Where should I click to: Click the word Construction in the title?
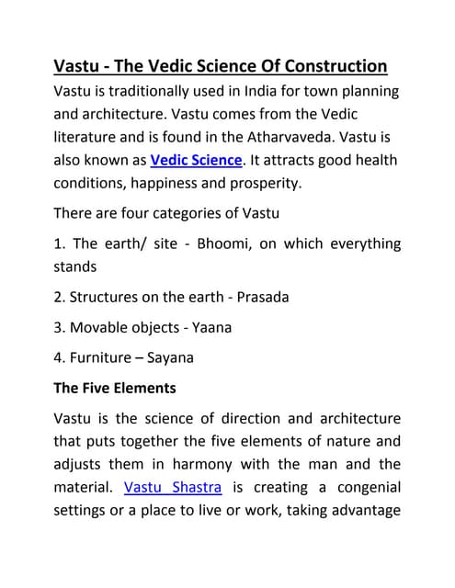(322, 67)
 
